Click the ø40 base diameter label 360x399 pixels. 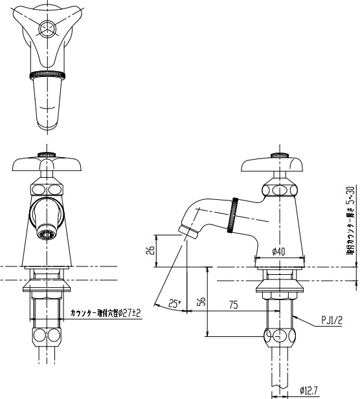point(279,251)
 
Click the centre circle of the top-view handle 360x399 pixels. point(46,28)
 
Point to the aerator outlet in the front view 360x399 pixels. point(45,234)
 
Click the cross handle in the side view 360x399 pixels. point(279,165)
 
